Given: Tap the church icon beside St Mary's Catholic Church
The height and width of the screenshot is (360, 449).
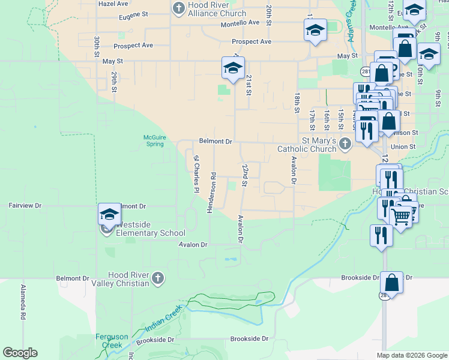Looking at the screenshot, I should tap(345, 144).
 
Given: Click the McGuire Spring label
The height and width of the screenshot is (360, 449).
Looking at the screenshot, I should tap(154, 140).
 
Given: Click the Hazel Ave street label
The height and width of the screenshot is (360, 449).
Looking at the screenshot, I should tap(114, 3).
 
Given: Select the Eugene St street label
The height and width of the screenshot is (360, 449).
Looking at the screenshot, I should tap(133, 14).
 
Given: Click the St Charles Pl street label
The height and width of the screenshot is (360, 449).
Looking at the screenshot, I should tap(196, 175).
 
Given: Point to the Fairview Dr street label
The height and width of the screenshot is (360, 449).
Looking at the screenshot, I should tap(25, 205).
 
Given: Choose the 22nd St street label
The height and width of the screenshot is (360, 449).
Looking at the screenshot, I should tap(244, 175).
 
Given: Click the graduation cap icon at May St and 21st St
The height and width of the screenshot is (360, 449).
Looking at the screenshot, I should tap(233, 68).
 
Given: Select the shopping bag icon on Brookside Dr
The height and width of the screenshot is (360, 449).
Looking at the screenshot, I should tap(391, 282).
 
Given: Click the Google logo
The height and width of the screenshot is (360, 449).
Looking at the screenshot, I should tap(20, 353).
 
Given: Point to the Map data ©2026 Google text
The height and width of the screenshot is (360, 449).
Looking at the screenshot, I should tap(411, 355).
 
